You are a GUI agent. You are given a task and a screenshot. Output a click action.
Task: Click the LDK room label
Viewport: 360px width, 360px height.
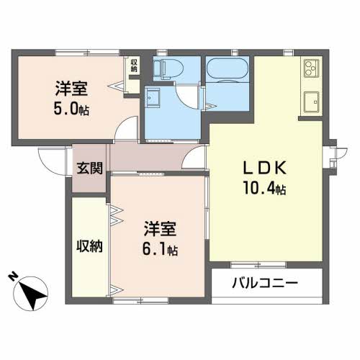[x=265, y=168]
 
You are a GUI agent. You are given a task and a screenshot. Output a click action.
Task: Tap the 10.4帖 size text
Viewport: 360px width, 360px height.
[x=264, y=188]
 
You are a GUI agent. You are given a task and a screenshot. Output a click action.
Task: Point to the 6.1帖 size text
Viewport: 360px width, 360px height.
[x=160, y=249]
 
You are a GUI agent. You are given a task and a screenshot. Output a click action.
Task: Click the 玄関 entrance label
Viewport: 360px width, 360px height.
[x=89, y=168]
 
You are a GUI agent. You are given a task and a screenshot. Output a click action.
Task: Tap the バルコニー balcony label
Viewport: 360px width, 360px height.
[x=265, y=283]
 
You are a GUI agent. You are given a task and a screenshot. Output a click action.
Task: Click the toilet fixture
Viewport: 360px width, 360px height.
[x=168, y=68]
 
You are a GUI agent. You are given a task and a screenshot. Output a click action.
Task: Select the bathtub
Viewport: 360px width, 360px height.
[x=228, y=68]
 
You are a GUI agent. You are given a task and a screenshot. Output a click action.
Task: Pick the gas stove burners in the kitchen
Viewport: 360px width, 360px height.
[x=310, y=68]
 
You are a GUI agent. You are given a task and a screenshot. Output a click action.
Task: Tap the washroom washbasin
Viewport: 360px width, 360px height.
[x=152, y=98]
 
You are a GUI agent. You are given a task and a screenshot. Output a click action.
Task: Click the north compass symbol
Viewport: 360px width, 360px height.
[x=31, y=294]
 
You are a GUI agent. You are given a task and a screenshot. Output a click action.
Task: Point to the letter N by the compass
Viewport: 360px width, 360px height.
[x=13, y=276]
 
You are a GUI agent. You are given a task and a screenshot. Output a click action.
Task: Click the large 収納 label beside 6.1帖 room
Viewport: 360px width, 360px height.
[x=89, y=246]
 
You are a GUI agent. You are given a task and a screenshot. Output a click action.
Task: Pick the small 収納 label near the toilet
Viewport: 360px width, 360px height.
[x=134, y=66]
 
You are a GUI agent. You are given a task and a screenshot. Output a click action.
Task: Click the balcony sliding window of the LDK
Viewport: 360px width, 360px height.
[x=258, y=265]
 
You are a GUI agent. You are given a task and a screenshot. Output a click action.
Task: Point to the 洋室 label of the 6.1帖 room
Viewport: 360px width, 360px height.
[x=160, y=229]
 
